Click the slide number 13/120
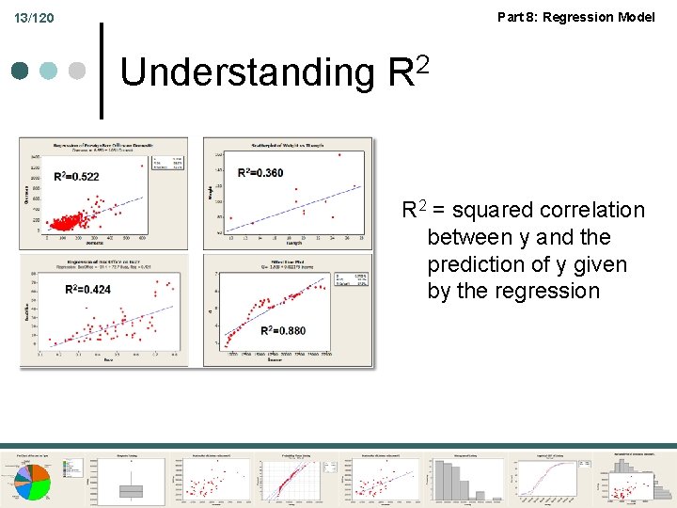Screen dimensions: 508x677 [x=34, y=18]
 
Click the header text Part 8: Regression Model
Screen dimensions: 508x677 [x=575, y=16]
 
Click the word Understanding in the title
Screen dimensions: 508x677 [x=247, y=72]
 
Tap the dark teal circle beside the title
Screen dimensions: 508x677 [x=22, y=71]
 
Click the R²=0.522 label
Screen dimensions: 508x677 [x=77, y=177]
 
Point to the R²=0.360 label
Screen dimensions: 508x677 [x=260, y=172]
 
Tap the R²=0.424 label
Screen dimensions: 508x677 [x=88, y=289]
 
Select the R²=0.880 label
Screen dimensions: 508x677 [x=283, y=330]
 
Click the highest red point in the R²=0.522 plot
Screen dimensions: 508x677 [x=143, y=166]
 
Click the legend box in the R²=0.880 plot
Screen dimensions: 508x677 [x=351, y=282]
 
